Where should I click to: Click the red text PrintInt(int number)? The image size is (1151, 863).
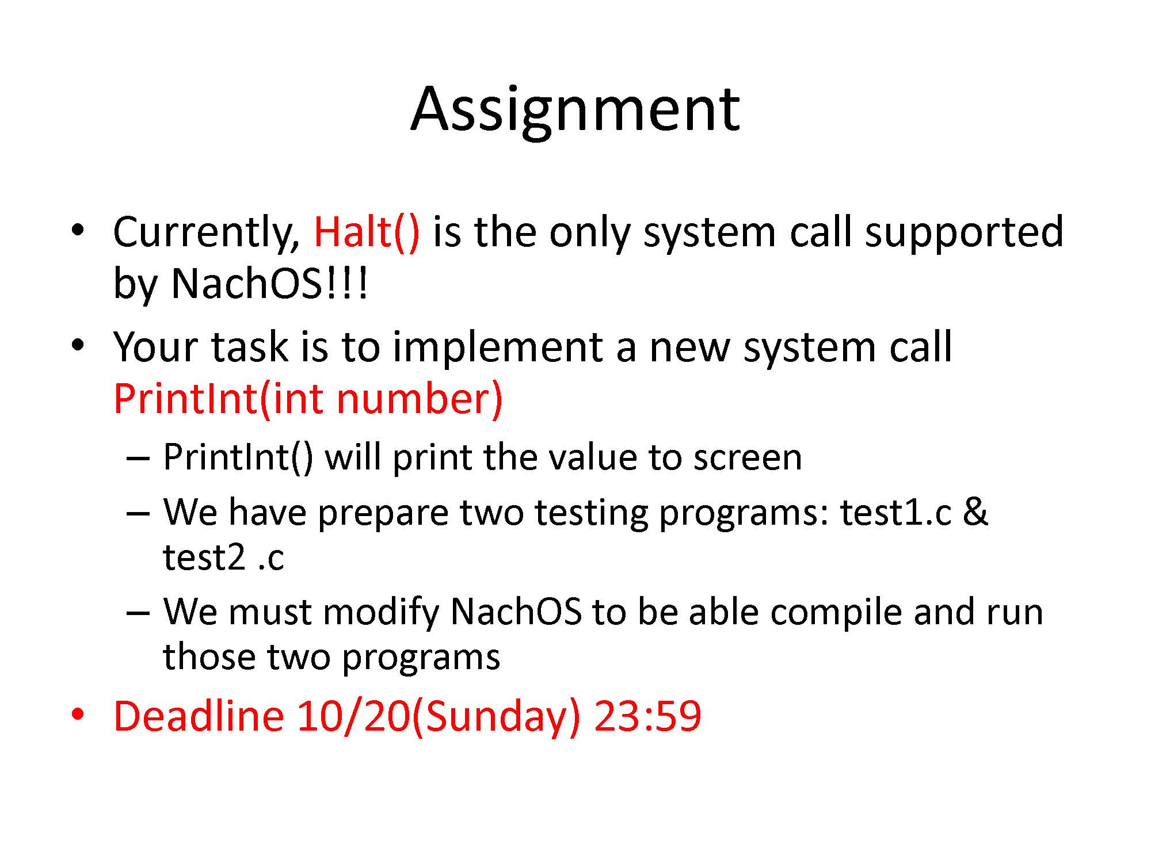308,399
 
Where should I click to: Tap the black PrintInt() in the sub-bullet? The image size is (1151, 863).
238,458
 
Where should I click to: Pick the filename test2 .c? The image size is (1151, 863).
223,557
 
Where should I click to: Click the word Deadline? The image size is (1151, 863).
199,716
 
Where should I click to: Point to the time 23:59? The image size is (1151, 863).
647,717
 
